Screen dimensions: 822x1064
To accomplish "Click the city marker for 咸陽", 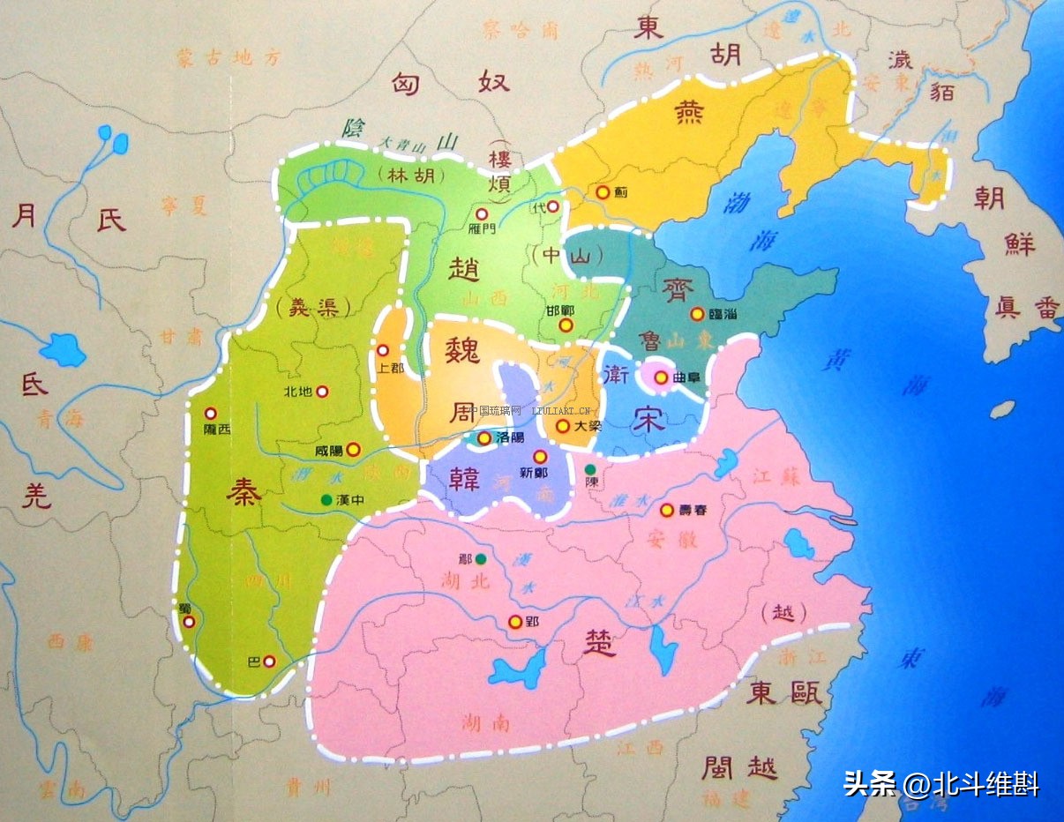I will click(x=354, y=449).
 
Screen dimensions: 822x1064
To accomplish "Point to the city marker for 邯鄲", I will click(x=566, y=325).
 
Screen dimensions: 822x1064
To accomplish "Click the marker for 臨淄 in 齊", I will click(x=696, y=313).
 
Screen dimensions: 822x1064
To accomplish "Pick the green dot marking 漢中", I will click(x=326, y=500).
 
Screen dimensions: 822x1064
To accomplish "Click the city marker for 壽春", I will click(x=667, y=510).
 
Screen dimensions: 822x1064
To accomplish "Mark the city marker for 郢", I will click(x=515, y=622).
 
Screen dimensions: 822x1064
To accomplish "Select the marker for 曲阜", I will click(x=659, y=377).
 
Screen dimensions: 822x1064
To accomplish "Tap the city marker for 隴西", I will click(x=211, y=413).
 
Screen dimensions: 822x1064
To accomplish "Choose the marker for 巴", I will click(x=269, y=661).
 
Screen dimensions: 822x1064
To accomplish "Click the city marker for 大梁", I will click(x=562, y=426).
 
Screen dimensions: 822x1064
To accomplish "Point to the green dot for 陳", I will click(x=590, y=469).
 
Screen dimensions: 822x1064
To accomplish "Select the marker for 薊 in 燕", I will click(x=602, y=191).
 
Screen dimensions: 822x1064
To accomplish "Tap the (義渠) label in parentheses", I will click(x=311, y=307).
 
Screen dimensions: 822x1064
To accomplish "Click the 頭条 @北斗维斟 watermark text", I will click(x=940, y=782).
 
